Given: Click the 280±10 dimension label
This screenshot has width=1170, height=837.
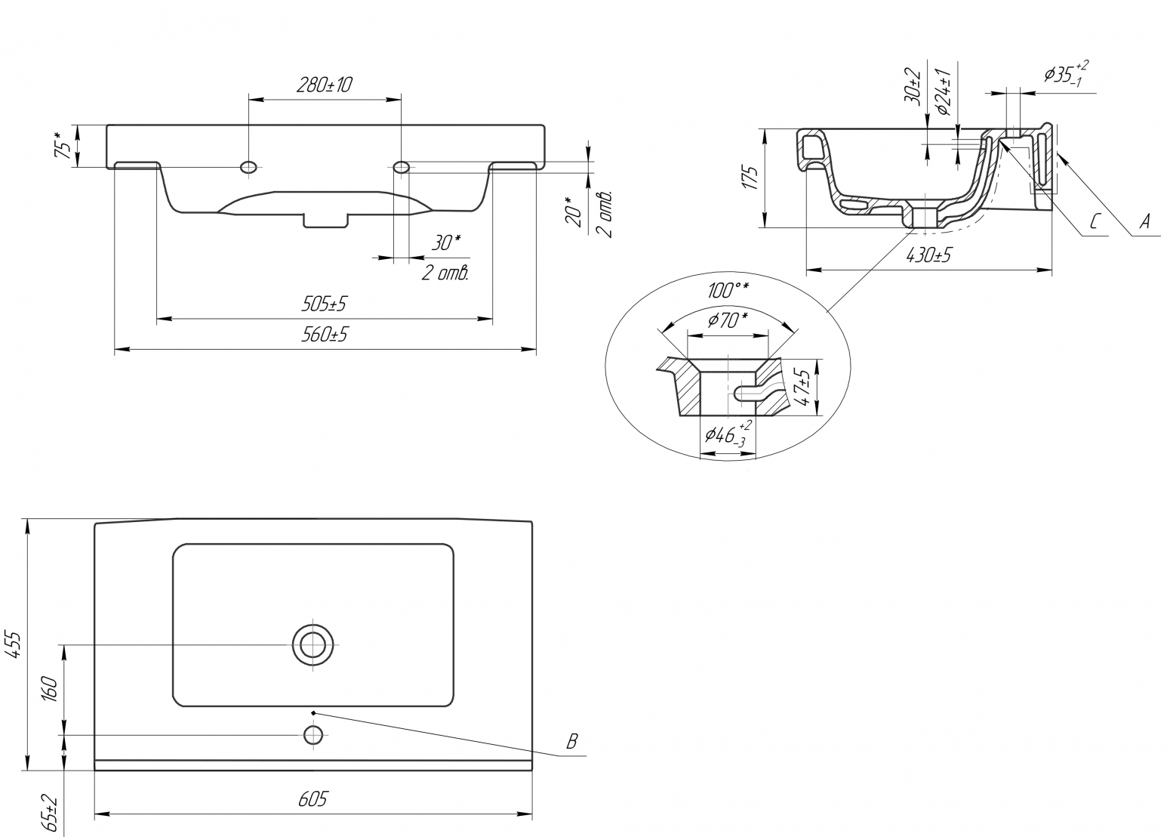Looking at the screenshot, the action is (x=325, y=85).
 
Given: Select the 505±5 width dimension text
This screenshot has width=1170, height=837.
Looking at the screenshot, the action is (x=324, y=304).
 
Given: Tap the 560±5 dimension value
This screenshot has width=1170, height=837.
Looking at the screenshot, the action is (x=324, y=334).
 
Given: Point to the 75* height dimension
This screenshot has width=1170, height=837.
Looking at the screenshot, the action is (x=63, y=146).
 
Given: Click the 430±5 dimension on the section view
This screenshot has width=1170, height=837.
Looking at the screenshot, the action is (x=928, y=255).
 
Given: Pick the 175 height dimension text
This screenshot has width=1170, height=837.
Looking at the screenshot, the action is (x=750, y=178).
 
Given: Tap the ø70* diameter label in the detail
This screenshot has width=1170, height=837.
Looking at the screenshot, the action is (x=728, y=320).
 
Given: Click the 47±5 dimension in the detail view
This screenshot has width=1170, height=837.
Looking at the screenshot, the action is (x=802, y=388).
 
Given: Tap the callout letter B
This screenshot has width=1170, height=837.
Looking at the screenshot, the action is (x=572, y=741).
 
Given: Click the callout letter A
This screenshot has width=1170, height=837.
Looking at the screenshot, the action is (x=1144, y=221).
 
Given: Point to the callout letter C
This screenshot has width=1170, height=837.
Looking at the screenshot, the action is (x=1095, y=222).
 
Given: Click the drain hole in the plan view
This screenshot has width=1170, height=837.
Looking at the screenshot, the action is (x=313, y=644).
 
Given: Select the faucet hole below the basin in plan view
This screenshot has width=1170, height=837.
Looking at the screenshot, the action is (x=313, y=735).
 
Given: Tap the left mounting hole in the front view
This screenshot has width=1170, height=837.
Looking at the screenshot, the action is (x=248, y=167).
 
